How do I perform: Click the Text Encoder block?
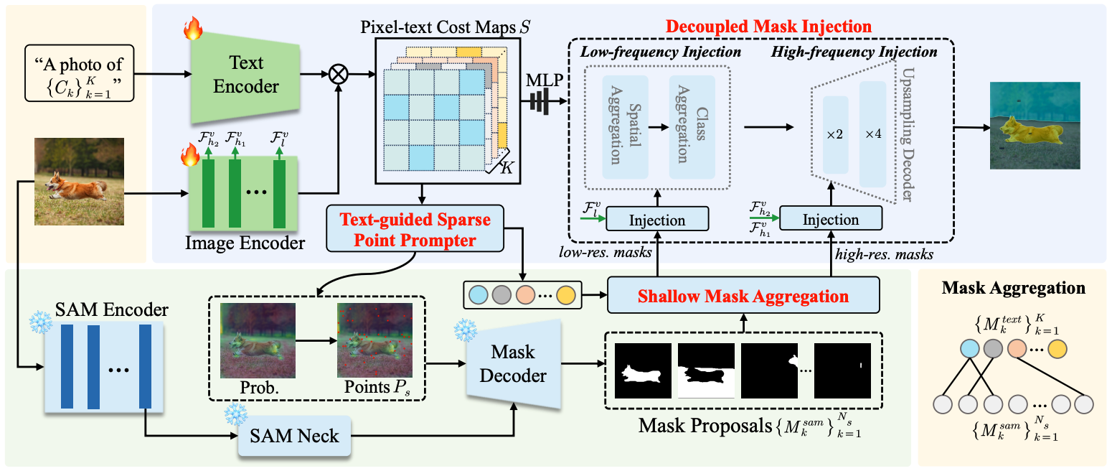point(245,77)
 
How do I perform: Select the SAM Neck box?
point(295,436)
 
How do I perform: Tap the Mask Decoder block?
point(514,364)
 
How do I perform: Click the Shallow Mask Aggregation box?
point(743,295)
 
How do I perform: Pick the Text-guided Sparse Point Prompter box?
point(415,229)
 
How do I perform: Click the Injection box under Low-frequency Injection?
point(657,219)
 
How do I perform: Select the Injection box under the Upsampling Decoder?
point(831,219)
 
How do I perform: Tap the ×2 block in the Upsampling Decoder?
point(835,134)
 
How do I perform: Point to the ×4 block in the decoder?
point(872,134)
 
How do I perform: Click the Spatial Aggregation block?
point(625,126)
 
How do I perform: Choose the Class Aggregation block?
point(692,126)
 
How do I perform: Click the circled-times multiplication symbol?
point(339,75)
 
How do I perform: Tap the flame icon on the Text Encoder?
point(193,28)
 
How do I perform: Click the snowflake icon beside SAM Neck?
point(236,414)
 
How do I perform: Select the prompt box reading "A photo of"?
point(80,73)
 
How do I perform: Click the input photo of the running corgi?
point(79,182)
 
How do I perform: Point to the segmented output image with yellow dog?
point(1035,126)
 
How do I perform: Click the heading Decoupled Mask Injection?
point(768,27)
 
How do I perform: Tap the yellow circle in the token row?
point(566,295)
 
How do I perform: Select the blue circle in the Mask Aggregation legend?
point(970,349)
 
